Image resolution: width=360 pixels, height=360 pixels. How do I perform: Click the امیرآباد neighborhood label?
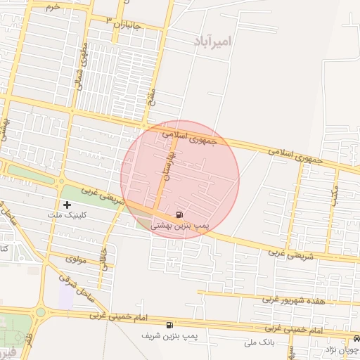click(x=211, y=41)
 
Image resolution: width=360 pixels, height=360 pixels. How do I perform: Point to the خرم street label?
click(x=53, y=6)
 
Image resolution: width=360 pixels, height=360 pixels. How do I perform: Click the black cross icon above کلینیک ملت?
click(x=67, y=205)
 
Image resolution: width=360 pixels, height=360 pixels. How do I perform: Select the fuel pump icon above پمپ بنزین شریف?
click(x=169, y=325)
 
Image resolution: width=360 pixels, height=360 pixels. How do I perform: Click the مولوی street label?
click(x=75, y=259)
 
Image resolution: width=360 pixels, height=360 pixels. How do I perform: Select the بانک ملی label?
click(x=260, y=342)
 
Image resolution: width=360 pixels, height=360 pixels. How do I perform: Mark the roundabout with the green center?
click(x=40, y=312)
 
